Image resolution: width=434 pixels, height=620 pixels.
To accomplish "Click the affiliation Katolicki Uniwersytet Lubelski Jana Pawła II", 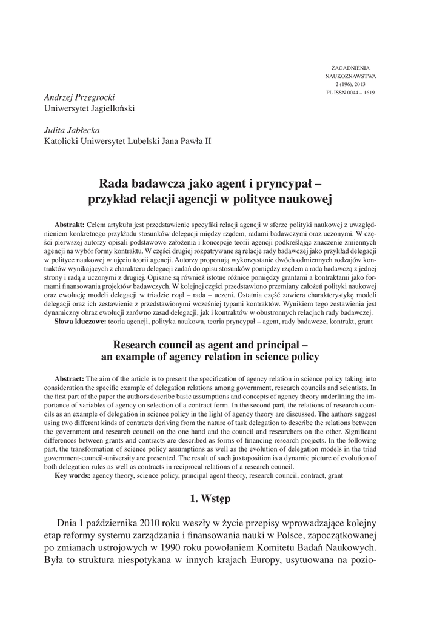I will click(x=128, y=142).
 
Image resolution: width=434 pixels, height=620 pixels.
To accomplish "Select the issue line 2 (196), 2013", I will click(x=352, y=84).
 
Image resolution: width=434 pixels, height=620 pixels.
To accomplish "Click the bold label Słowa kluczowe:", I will click(x=81, y=320).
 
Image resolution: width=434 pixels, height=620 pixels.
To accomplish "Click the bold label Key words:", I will click(x=75, y=475).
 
